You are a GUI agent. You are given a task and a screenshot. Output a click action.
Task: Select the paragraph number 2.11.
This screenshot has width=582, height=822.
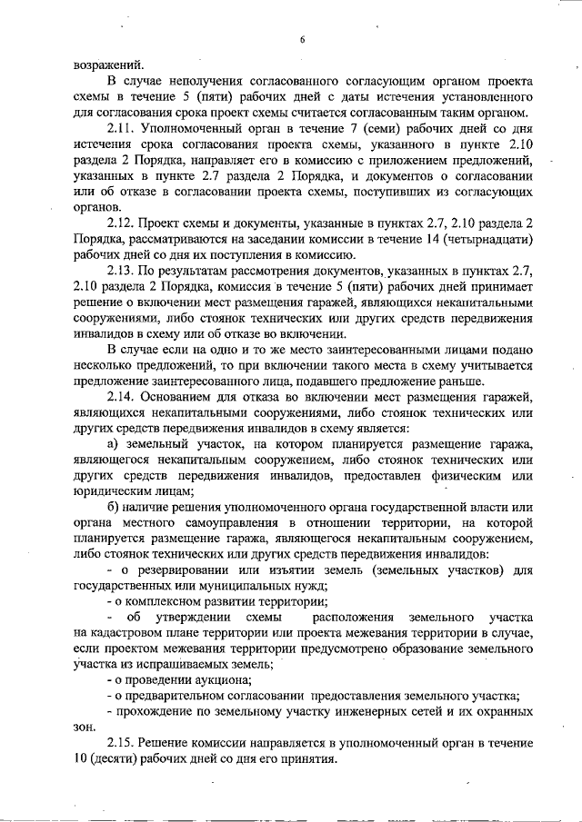[x=121, y=129]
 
